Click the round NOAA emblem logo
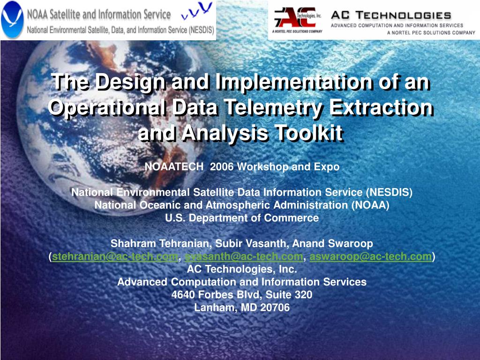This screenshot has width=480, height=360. [x=12, y=20]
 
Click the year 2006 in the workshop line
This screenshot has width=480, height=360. [x=222, y=167]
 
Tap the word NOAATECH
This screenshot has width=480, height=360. [x=174, y=167]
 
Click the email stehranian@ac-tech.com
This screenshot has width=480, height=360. [x=115, y=256]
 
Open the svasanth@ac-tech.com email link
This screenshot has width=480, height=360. [x=243, y=256]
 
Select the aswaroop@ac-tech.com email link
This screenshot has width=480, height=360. [x=370, y=256]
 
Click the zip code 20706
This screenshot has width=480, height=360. [x=276, y=308]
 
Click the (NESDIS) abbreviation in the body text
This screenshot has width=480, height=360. [x=389, y=192]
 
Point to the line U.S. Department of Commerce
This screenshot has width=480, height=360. [x=241, y=218]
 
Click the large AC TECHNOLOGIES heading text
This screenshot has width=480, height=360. [x=391, y=15]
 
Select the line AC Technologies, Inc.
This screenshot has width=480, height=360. [x=241, y=269]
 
